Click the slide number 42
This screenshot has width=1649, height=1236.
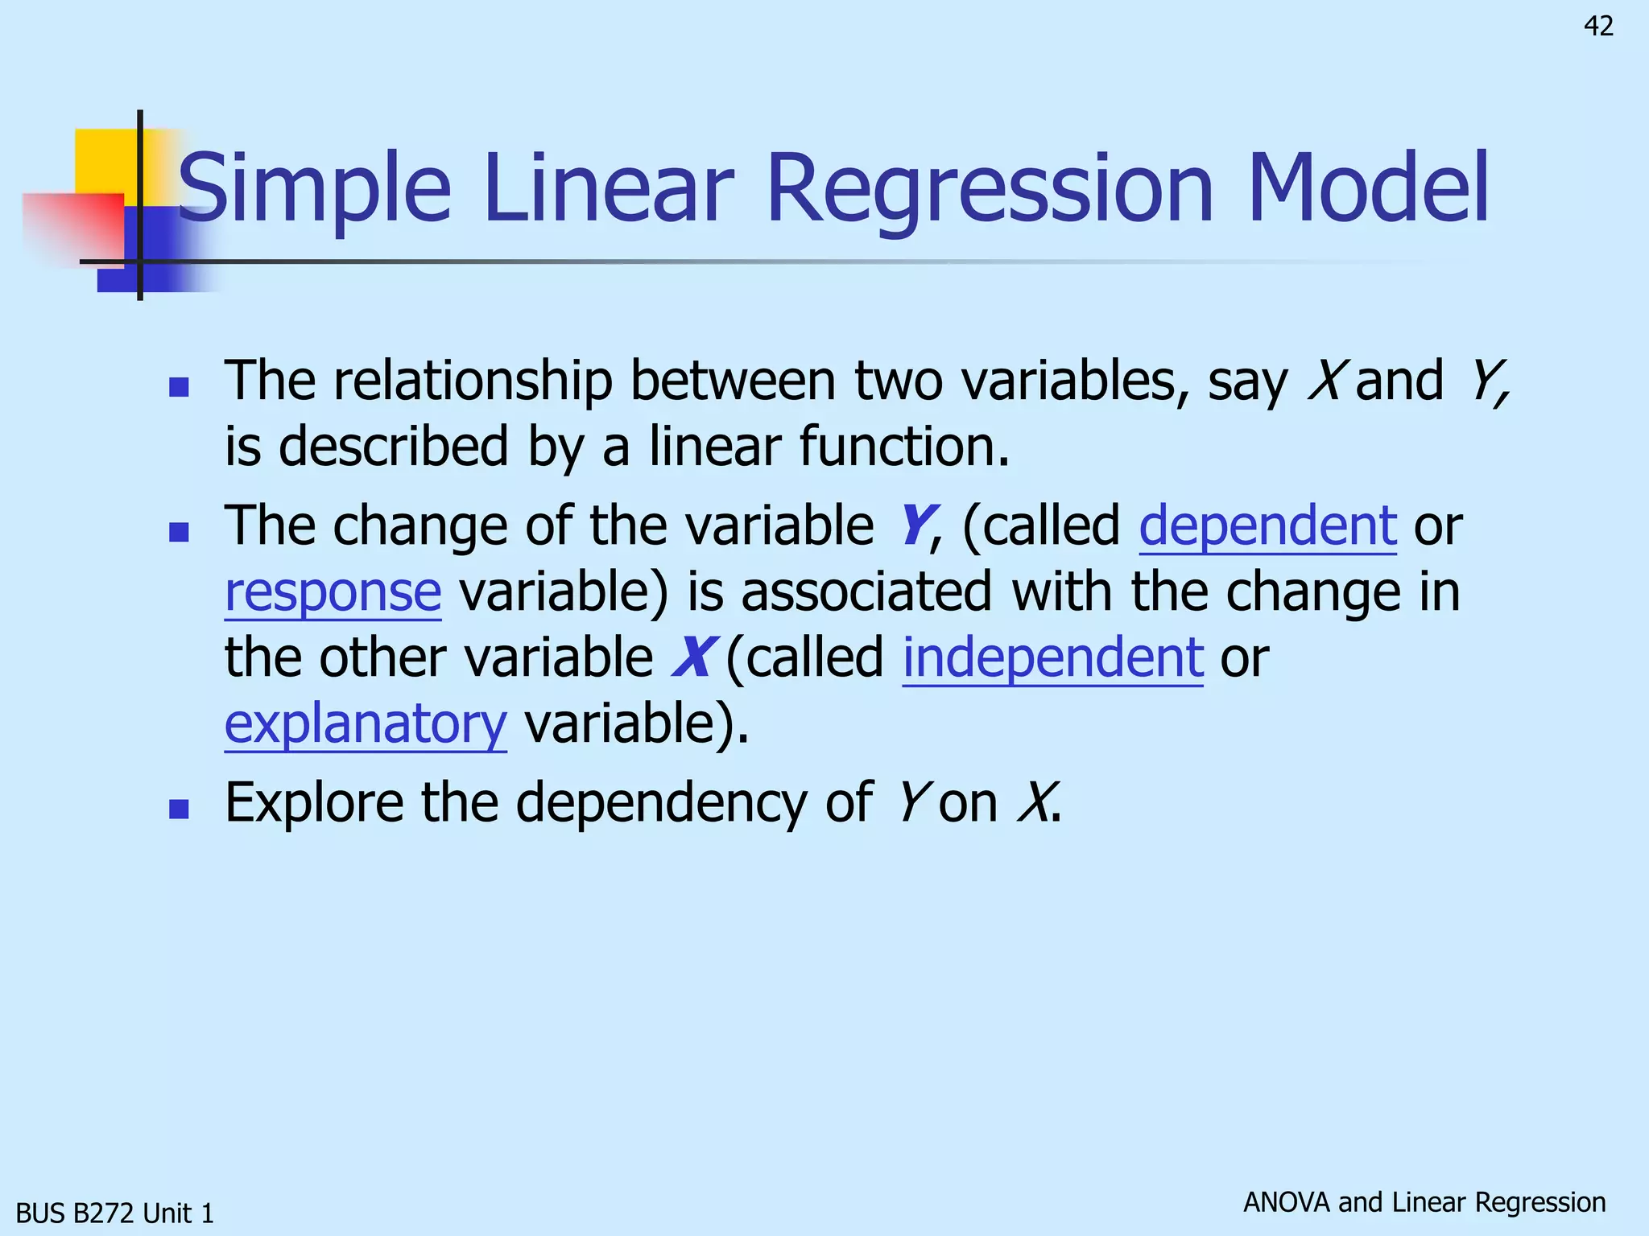pyautogui.click(x=1598, y=27)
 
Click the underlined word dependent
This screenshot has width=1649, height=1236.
pyautogui.click(x=1267, y=525)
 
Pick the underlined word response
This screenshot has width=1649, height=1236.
pyautogui.click(x=333, y=591)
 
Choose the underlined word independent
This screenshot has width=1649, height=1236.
pyautogui.click(x=1052, y=657)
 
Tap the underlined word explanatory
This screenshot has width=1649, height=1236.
pyautogui.click(x=366, y=723)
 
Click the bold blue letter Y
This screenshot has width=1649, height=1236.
pyautogui.click(x=914, y=525)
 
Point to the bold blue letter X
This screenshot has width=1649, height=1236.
pyautogui.click(x=692, y=657)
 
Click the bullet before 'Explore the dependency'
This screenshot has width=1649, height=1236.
pyautogui.click(x=179, y=808)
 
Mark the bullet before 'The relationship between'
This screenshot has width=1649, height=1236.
pyautogui.click(x=179, y=387)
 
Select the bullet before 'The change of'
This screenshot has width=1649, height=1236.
pyautogui.click(x=179, y=532)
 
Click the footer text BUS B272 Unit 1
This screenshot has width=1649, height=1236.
pyautogui.click(x=115, y=1213)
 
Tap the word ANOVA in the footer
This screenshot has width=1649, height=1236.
pyautogui.click(x=1286, y=1202)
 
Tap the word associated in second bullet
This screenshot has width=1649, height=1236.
pyautogui.click(x=866, y=591)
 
